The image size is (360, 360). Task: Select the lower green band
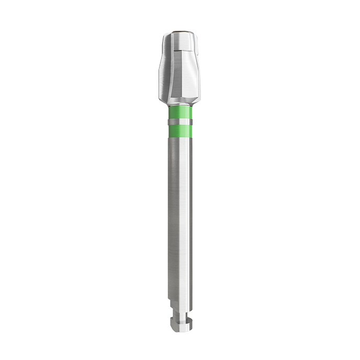[x=180, y=129]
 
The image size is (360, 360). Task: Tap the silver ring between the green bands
[x=180, y=122]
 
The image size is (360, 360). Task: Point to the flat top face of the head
[x=179, y=32]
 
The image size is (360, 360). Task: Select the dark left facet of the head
[x=166, y=73]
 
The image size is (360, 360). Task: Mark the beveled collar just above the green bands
[x=180, y=103]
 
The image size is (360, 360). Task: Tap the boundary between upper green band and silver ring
[x=180, y=119]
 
